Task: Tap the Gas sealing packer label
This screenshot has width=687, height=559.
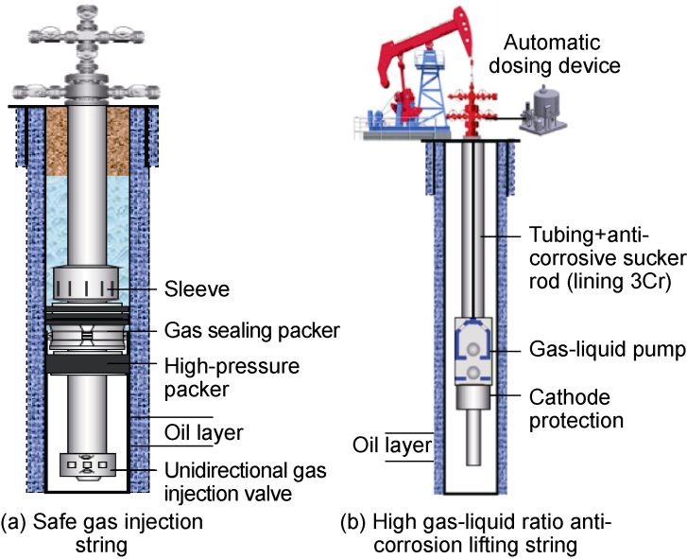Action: pyautogui.click(x=252, y=330)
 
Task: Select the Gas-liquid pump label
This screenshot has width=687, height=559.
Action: pyautogui.click(x=609, y=350)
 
